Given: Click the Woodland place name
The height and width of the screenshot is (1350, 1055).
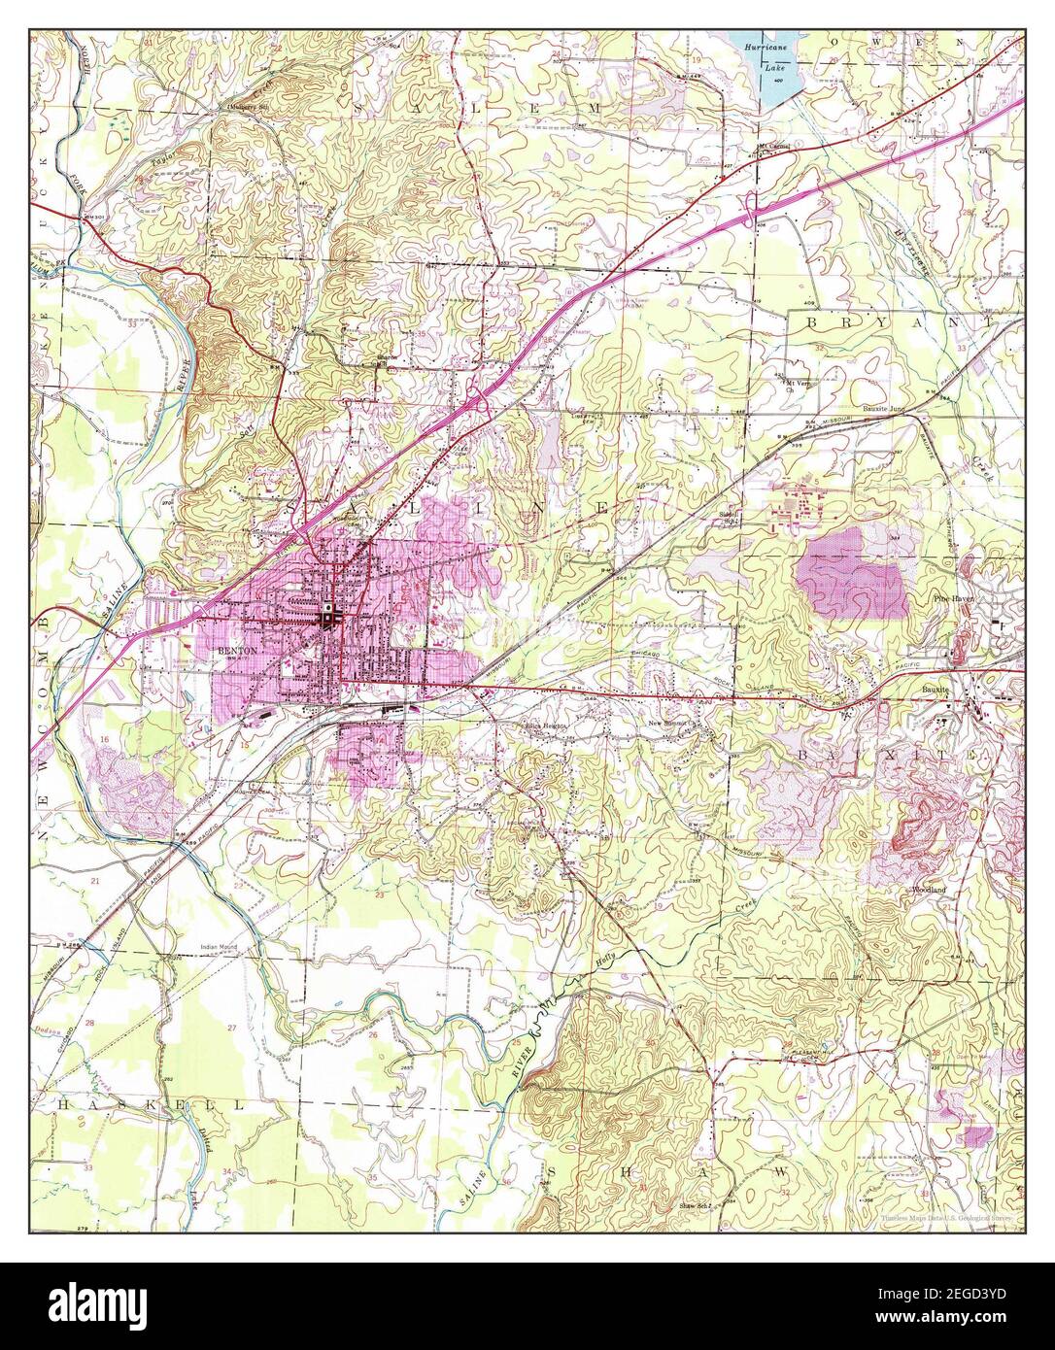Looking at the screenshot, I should coord(929,890).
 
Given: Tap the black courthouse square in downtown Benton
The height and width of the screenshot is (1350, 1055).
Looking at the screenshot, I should coord(330,615).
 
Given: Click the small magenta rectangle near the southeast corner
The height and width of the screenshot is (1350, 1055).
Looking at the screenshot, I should coord(977,1134).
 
